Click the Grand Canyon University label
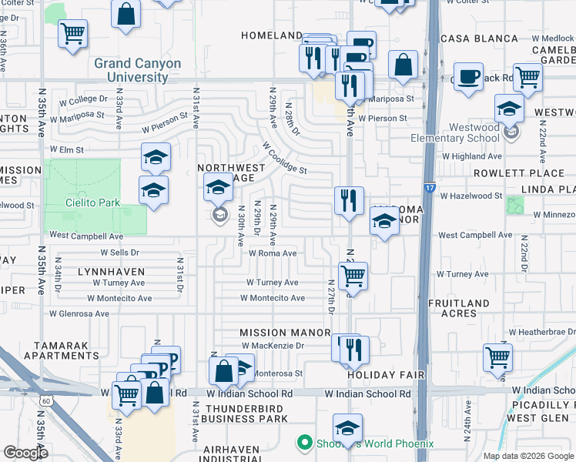click(x=138, y=71)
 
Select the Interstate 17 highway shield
click(x=428, y=186)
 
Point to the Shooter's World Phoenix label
click(x=367, y=444)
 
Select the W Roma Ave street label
click(x=272, y=253)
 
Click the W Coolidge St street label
click(x=284, y=158)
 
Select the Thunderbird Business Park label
click(x=246, y=413)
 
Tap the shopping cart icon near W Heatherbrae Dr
click(x=497, y=357)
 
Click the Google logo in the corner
click(x=25, y=453)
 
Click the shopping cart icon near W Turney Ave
click(x=352, y=274)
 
